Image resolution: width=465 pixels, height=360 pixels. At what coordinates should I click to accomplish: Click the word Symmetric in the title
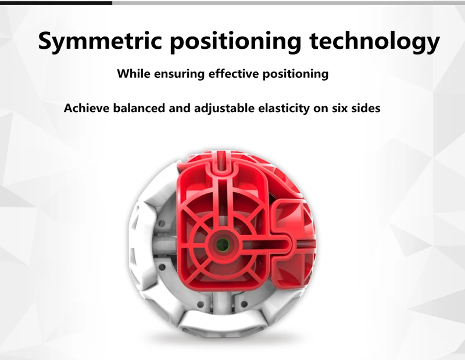click(x=100, y=41)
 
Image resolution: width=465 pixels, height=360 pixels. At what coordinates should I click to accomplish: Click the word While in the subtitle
click(x=134, y=74)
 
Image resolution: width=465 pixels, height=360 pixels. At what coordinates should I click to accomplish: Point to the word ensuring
click(x=180, y=74)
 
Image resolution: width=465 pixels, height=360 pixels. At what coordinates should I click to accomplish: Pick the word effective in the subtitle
click(x=234, y=74)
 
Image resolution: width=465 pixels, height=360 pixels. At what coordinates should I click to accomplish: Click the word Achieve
click(x=87, y=108)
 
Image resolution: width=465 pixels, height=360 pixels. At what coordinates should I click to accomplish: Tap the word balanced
click(x=139, y=108)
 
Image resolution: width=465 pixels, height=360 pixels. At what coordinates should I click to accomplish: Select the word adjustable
click(x=224, y=109)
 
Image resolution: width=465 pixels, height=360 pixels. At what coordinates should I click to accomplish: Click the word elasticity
click(x=284, y=109)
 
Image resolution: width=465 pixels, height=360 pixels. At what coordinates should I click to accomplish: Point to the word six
click(x=339, y=108)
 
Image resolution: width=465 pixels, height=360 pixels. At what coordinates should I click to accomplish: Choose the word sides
click(x=366, y=108)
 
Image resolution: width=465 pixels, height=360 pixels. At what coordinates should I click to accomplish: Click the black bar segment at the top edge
click(x=56, y=3)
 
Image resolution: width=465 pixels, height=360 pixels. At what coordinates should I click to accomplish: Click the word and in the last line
click(x=180, y=108)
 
